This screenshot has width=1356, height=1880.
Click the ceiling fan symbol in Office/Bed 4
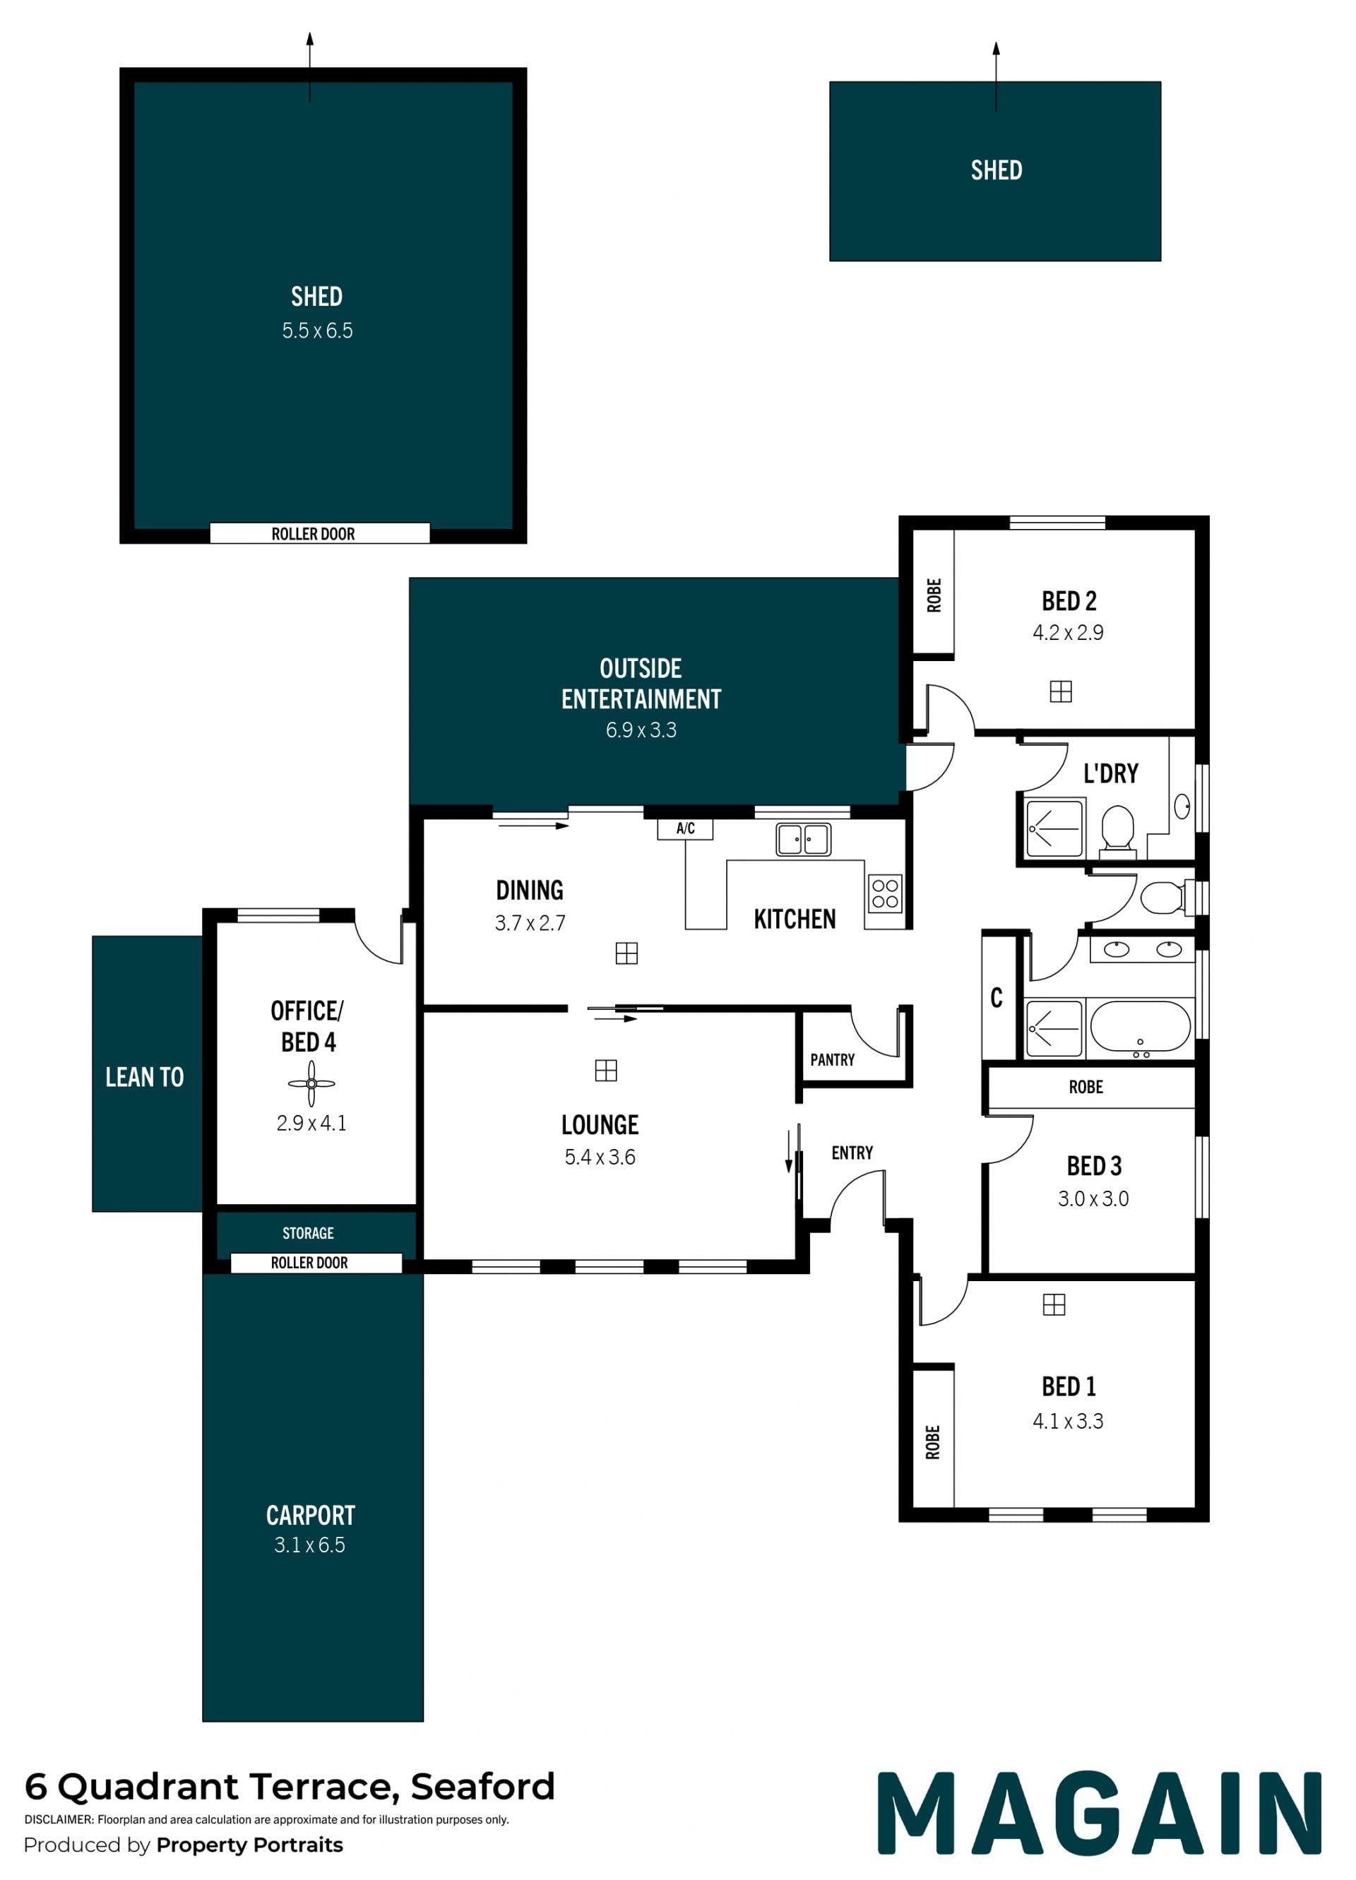(x=311, y=1083)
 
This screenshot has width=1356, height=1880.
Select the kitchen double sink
(x=802, y=839)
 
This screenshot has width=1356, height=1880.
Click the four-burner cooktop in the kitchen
(x=884, y=893)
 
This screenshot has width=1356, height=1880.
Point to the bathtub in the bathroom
(x=1140, y=1026)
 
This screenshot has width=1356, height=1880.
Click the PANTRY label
(x=832, y=1059)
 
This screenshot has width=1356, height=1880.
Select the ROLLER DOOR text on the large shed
(x=314, y=534)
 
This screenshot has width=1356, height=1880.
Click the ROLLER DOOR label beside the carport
(x=309, y=1263)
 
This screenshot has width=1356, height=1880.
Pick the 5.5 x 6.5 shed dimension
(x=317, y=331)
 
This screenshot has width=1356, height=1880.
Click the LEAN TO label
(x=144, y=1077)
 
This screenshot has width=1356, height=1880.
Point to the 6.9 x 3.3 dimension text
(x=641, y=730)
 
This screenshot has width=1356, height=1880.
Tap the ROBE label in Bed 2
(x=934, y=595)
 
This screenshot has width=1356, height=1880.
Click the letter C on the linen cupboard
(x=997, y=997)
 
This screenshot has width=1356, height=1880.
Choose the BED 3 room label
(x=1094, y=1165)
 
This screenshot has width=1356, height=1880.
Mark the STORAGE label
(x=309, y=1232)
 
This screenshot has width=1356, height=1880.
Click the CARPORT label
(x=310, y=1516)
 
